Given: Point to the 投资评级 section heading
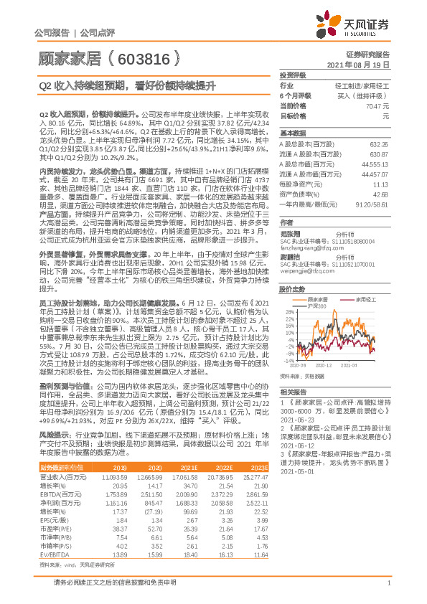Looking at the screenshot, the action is point(293,75).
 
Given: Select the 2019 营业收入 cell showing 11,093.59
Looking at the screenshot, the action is point(116,477).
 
